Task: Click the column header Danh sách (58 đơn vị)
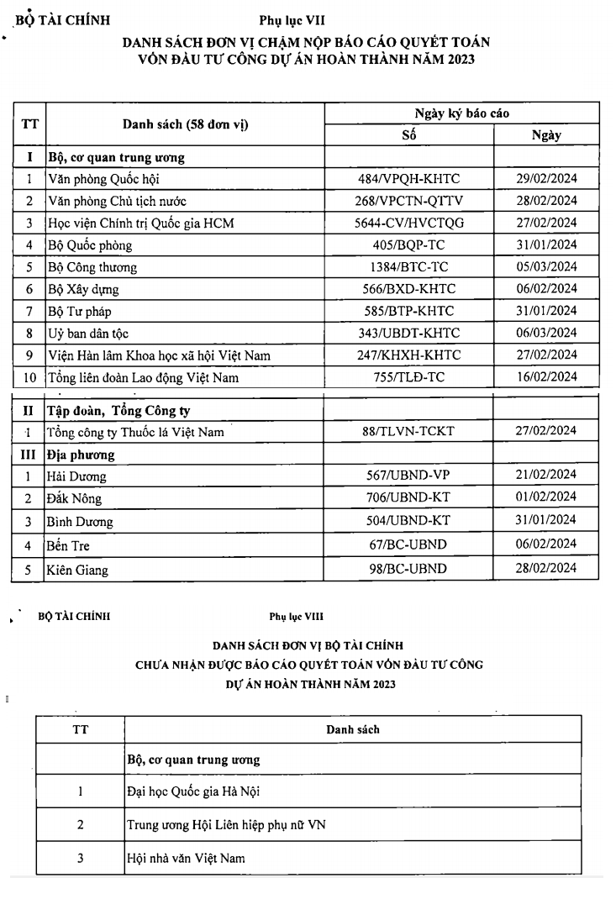point(186,124)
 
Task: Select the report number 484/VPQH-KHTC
point(408,178)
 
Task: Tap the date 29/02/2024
point(546,178)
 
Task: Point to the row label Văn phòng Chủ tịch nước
point(118,201)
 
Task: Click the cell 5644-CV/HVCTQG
point(408,223)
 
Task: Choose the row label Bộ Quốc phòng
point(90,245)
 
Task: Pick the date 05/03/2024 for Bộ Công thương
point(546,267)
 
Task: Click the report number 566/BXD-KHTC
point(408,289)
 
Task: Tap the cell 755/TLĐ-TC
point(408,377)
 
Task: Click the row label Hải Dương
point(77,476)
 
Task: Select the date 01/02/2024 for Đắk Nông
point(546,497)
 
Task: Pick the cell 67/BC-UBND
point(408,544)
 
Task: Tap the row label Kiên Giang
point(78,570)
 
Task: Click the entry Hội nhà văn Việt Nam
point(186,858)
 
